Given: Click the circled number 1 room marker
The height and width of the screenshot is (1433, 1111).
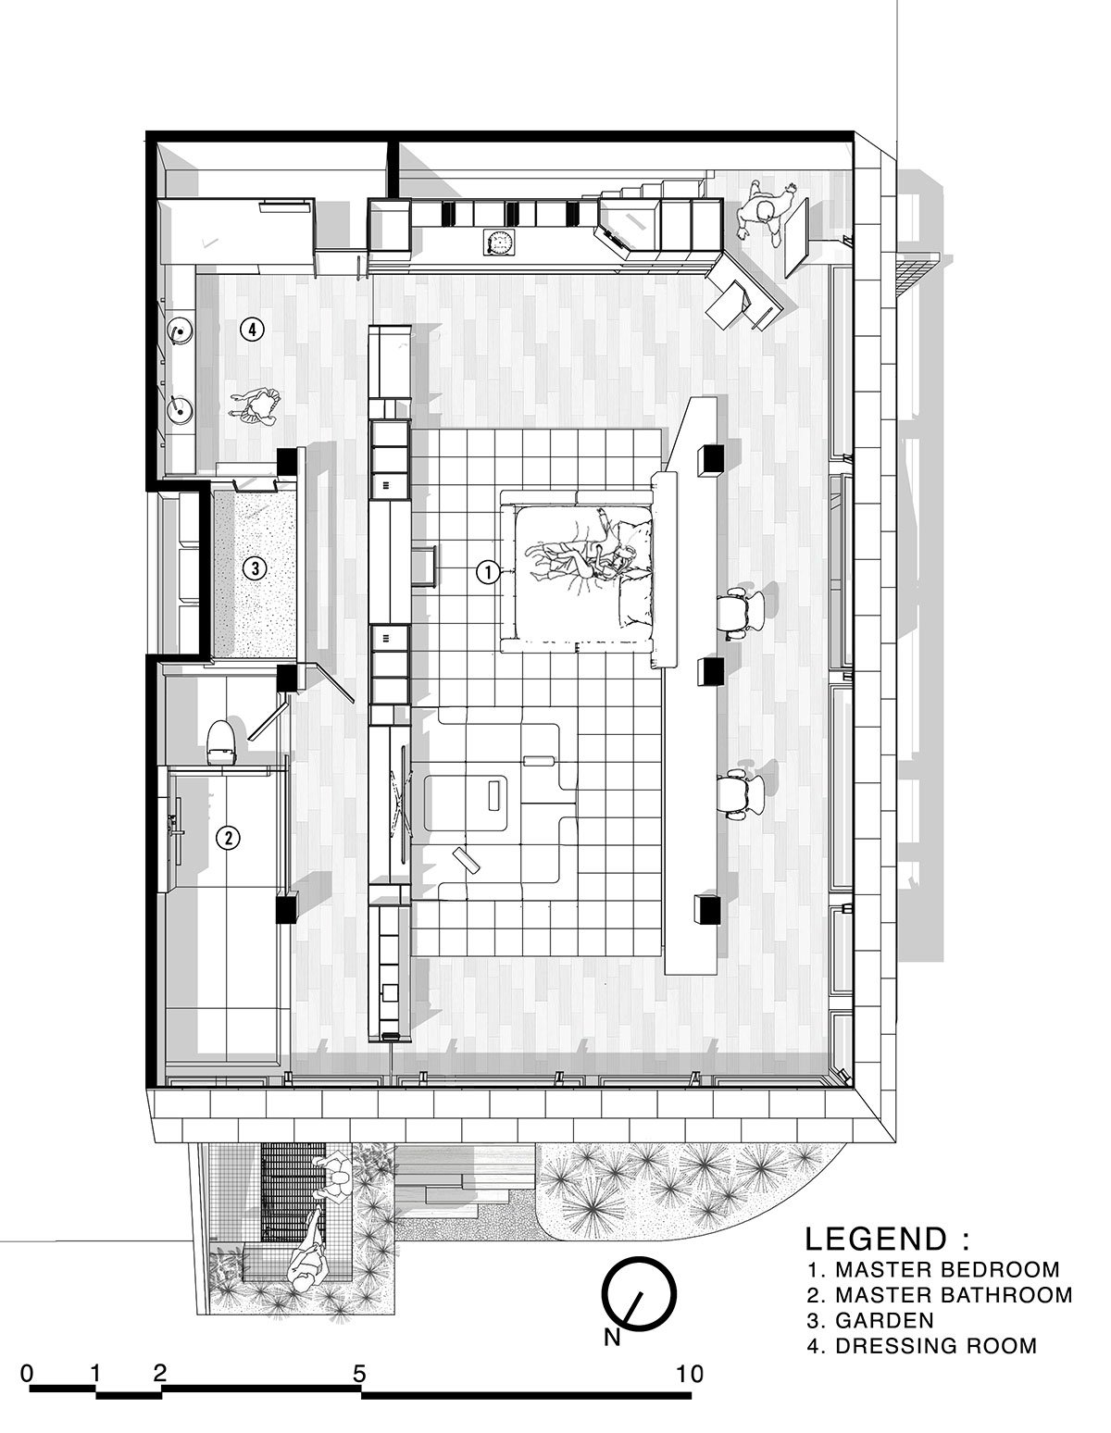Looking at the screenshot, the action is tap(488, 572).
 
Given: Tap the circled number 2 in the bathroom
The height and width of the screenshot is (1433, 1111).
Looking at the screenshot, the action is tap(228, 838).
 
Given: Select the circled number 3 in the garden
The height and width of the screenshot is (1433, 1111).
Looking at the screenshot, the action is tap(255, 567).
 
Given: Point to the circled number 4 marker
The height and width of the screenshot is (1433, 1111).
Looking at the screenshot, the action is tap(252, 328).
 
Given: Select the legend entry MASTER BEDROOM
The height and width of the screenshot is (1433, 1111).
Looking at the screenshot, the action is tap(947, 1269).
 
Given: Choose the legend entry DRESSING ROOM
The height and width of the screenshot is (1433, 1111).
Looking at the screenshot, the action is tap(936, 1346).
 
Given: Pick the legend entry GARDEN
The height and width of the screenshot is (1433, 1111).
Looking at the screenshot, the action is tap(885, 1320).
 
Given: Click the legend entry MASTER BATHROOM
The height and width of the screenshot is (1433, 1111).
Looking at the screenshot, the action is tap(955, 1294).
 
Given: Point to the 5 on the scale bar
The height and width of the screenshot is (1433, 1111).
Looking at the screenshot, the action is tap(358, 1374).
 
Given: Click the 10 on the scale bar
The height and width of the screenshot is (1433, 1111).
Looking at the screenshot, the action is tap(689, 1374).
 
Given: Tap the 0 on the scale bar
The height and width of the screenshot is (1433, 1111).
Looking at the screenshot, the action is tap(27, 1374).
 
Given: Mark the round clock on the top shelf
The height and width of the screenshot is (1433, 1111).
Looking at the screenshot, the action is tap(498, 242).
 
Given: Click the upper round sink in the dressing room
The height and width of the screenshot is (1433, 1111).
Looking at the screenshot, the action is tap(179, 330).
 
